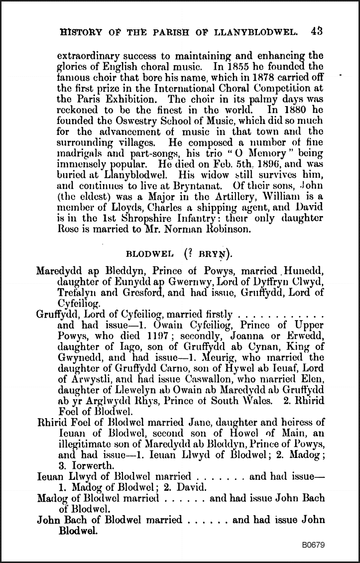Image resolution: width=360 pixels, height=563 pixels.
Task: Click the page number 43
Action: click(x=316, y=31)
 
